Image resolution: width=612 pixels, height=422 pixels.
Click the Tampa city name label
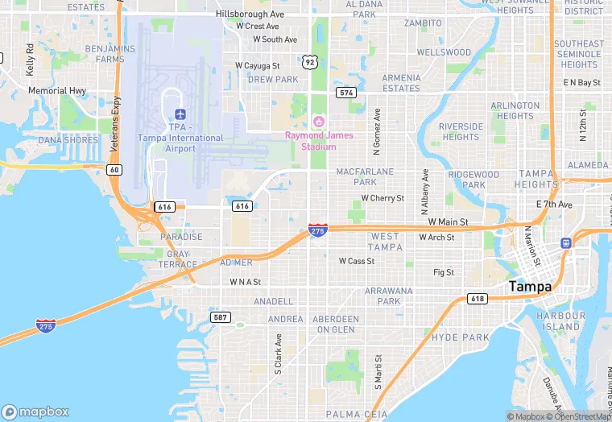pyautogui.click(x=530, y=287)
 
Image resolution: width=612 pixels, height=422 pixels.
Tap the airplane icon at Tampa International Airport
pyautogui.click(x=179, y=113)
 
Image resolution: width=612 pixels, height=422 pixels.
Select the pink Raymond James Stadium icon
pyautogui.click(x=318, y=121)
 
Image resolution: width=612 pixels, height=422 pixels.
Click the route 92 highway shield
pyautogui.click(x=310, y=61)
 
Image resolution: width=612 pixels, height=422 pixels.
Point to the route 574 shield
pyautogui.click(x=346, y=93)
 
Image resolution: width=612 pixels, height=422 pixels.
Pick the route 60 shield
pyautogui.click(x=114, y=169)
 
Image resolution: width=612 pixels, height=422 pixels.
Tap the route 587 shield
pyautogui.click(x=221, y=317)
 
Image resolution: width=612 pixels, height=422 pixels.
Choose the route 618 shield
pyautogui.click(x=478, y=299)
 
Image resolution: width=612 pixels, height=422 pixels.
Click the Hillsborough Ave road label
pyautogui.click(x=250, y=14)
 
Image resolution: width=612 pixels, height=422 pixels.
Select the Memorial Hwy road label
pyautogui.click(x=57, y=91)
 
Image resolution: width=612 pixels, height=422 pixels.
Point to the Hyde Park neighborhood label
pyautogui.click(x=461, y=337)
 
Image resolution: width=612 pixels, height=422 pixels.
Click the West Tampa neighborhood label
pyautogui.click(x=384, y=241)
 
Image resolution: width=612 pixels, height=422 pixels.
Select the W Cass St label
pyautogui.click(x=357, y=261)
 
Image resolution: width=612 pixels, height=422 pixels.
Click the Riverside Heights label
pyautogui.click(x=461, y=132)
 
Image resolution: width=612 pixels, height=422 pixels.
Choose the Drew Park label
pyautogui.click(x=273, y=80)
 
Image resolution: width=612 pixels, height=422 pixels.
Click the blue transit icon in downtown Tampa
pyautogui.click(x=566, y=242)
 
